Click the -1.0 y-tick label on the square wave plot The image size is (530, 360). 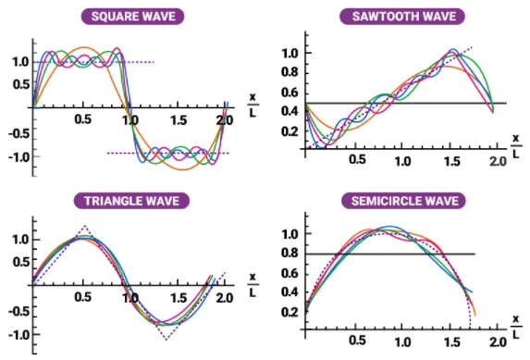pos(18,155)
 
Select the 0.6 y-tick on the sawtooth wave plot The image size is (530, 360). pos(290,92)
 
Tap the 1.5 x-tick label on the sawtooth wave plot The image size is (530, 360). pos(450,161)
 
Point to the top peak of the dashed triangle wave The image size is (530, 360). pos(84,225)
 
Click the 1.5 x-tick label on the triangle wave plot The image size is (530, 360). pos(176,299)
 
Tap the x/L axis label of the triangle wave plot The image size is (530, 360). pos(252,285)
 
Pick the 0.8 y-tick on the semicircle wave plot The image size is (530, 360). pos(290,253)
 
